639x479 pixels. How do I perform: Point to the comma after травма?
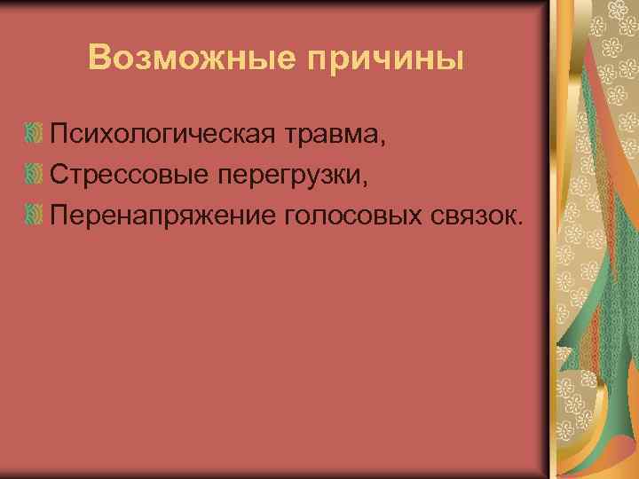click(x=384, y=143)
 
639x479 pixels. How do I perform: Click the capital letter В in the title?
click(x=100, y=59)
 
